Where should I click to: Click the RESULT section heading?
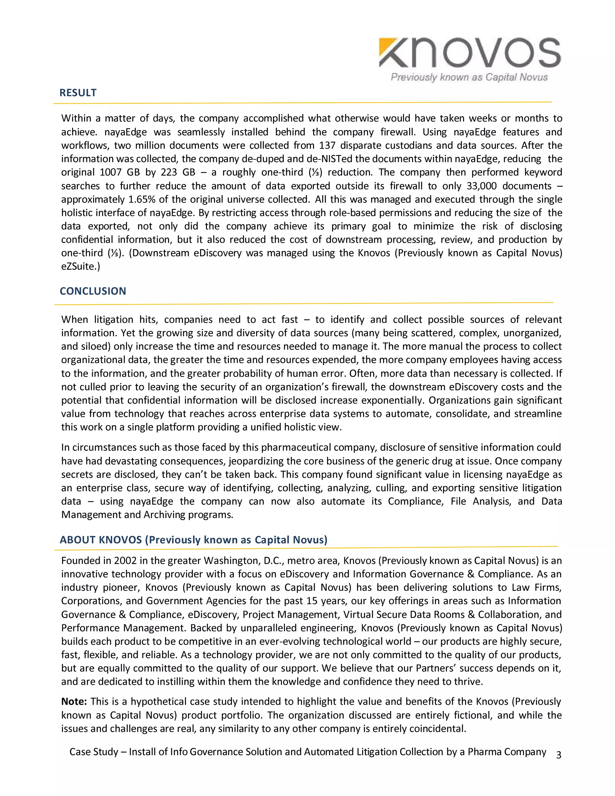click(x=78, y=93)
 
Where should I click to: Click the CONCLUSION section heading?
click(x=93, y=291)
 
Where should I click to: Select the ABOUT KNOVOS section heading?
click(x=193, y=540)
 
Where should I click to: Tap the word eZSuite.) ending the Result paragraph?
click(x=80, y=267)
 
